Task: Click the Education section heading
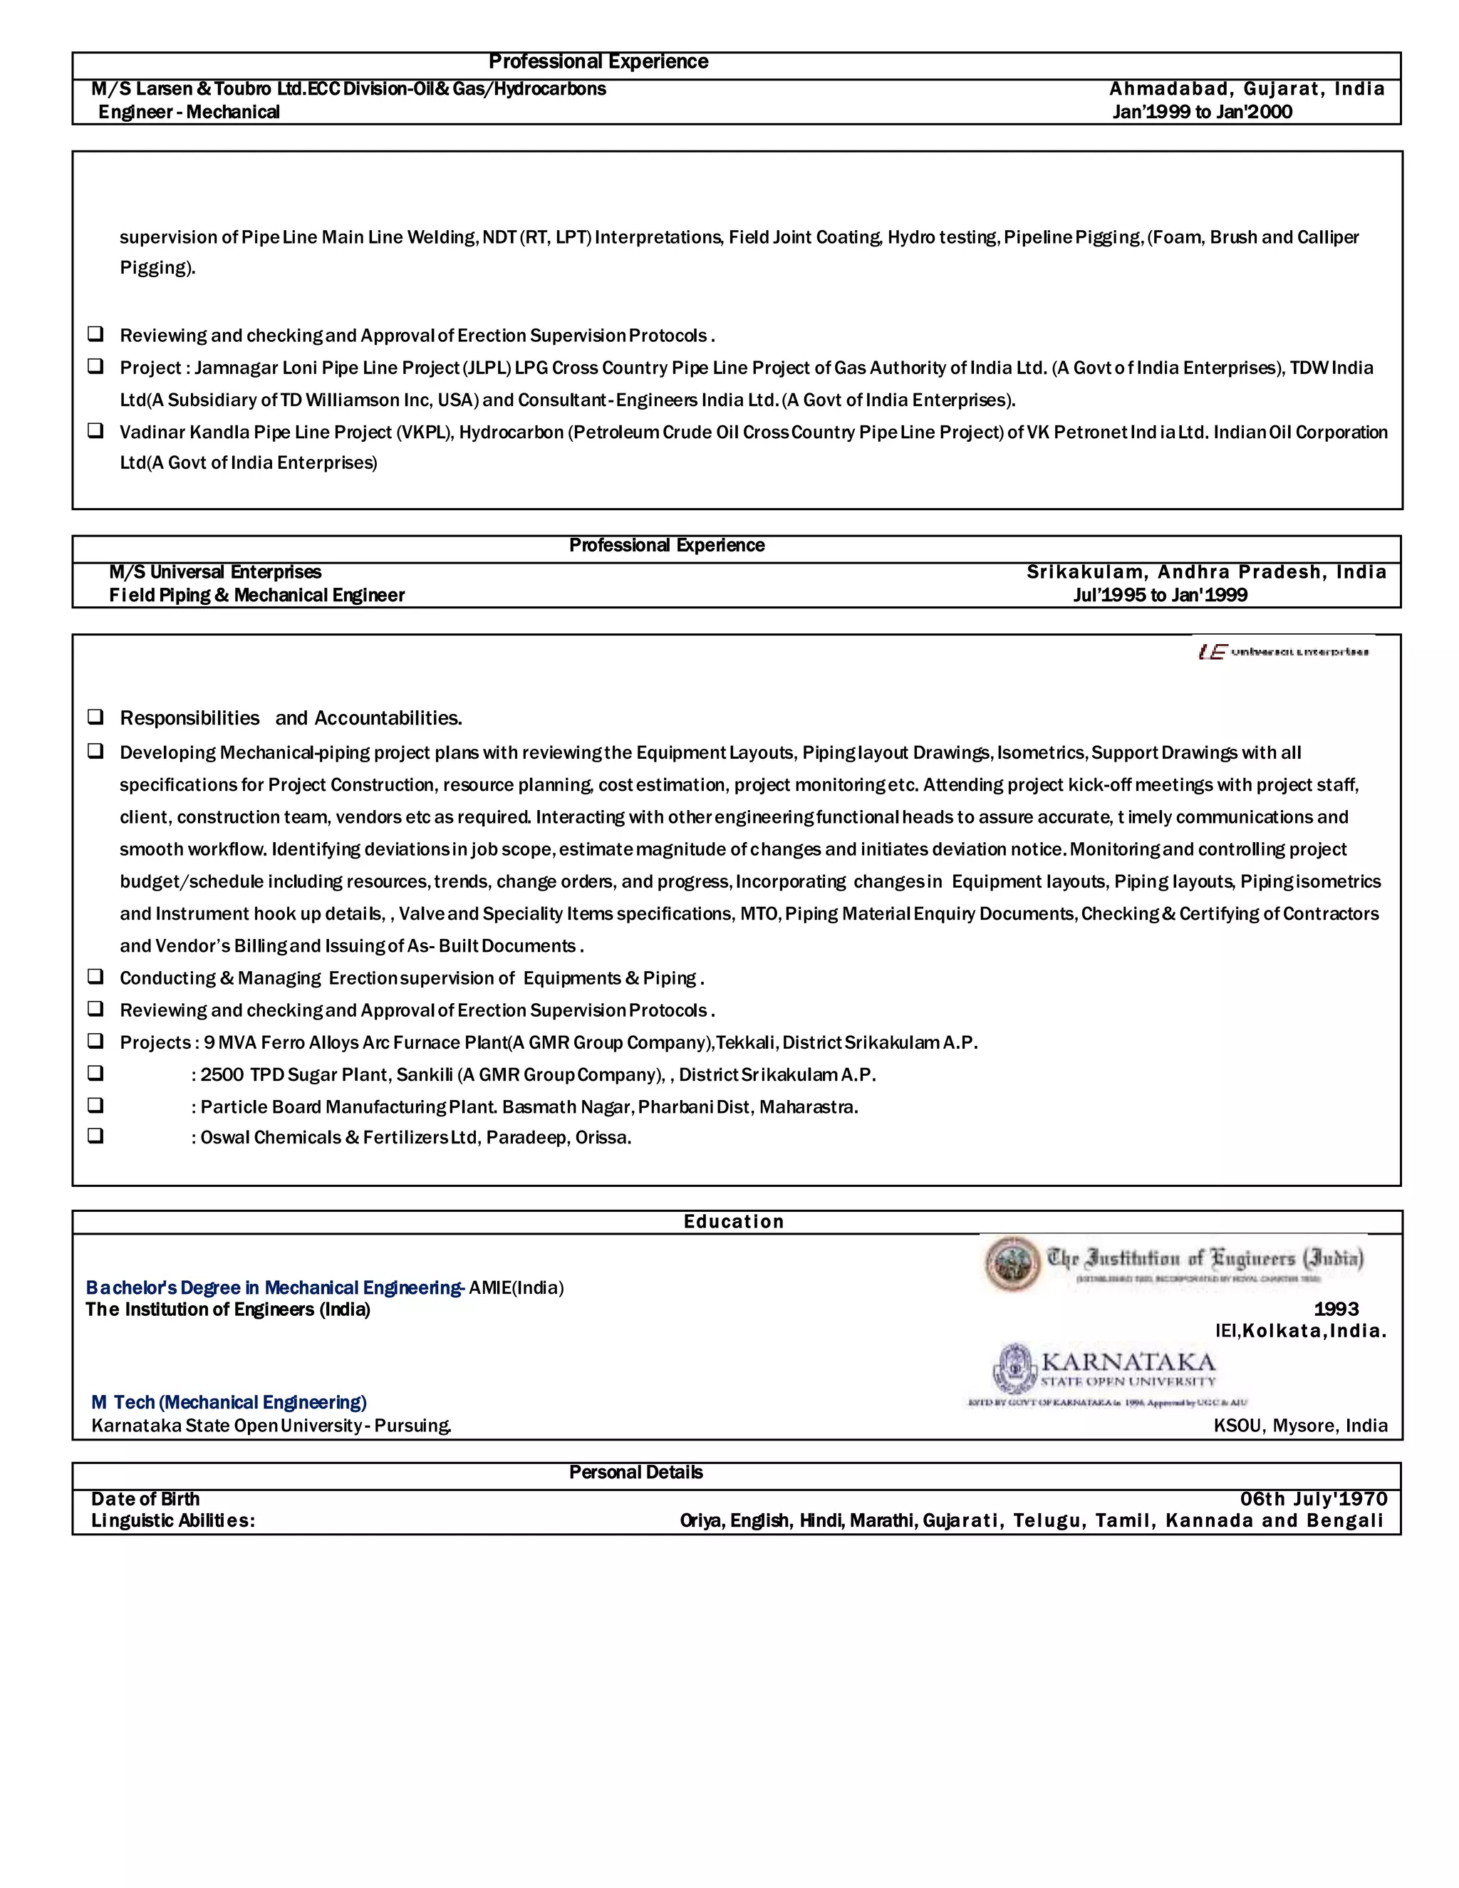click(733, 1221)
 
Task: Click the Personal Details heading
click(635, 1472)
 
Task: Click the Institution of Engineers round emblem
click(1013, 1264)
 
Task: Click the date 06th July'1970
click(1313, 1499)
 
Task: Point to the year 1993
click(1336, 1309)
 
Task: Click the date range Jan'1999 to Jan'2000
click(1201, 112)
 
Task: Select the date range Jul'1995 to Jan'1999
click(1159, 595)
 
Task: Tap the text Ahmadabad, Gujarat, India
click(1247, 88)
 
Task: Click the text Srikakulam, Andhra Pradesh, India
click(1206, 571)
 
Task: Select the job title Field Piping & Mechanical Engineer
click(256, 595)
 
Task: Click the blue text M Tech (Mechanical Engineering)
click(229, 1402)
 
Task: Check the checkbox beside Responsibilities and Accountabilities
click(95, 717)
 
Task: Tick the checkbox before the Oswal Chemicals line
click(95, 1136)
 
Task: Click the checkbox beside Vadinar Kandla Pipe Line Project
click(95, 430)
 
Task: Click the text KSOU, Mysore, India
click(1300, 1426)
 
